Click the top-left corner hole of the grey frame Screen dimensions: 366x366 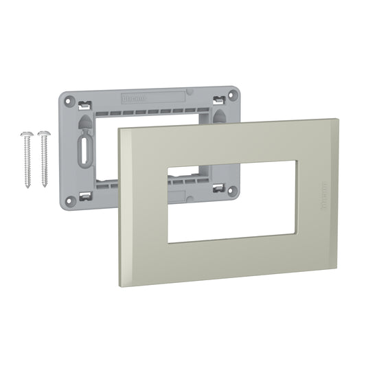coord(68,98)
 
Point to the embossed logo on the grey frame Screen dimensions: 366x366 coord(135,98)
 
